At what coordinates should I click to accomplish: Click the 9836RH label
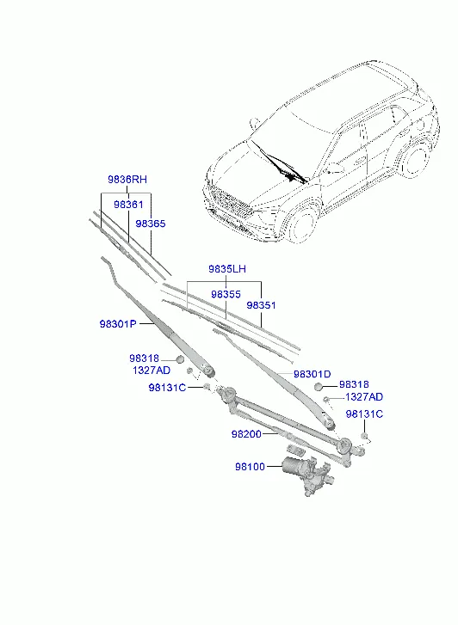pos(127,180)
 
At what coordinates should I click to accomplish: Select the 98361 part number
pos(128,205)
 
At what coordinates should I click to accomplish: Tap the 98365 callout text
pos(150,224)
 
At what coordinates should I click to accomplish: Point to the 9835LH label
pos(227,269)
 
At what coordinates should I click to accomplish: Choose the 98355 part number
pos(226,294)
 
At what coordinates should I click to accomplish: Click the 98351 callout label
pos(261,305)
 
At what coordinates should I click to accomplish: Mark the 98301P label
pos(118,324)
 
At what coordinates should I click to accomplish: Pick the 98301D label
pos(313,374)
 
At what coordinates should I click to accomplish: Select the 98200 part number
pos(246,434)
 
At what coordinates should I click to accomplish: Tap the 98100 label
pos(250,466)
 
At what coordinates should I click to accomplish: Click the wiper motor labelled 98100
pos(307,475)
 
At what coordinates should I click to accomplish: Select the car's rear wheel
pos(415,160)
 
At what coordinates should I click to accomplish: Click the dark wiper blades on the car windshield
pos(280,163)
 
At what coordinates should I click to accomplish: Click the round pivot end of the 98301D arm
pos(328,423)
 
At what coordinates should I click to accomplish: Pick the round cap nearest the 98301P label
pos(180,359)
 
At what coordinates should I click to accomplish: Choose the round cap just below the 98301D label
pos(319,386)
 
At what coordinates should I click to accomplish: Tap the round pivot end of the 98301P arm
pos(208,371)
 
